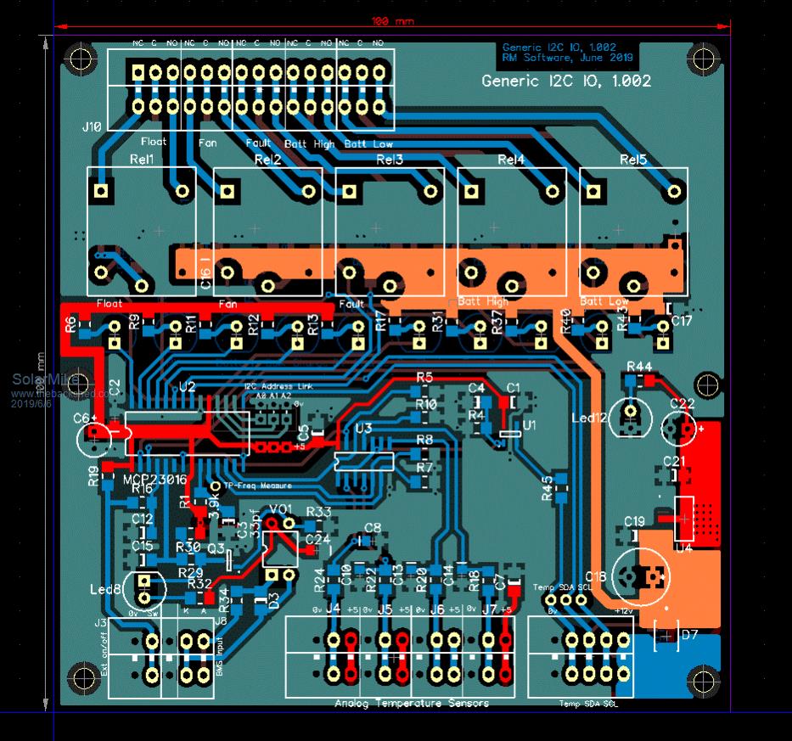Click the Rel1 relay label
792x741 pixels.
pyautogui.click(x=142, y=160)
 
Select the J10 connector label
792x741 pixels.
pyautogui.click(x=92, y=126)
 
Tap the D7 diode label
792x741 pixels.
pyautogui.click(x=689, y=634)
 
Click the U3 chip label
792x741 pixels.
pyautogui.click(x=363, y=429)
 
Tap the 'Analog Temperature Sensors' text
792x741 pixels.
pyautogui.click(x=412, y=703)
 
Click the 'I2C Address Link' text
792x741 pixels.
pyautogui.click(x=278, y=386)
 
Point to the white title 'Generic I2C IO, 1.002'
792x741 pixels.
pyautogui.click(x=566, y=81)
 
